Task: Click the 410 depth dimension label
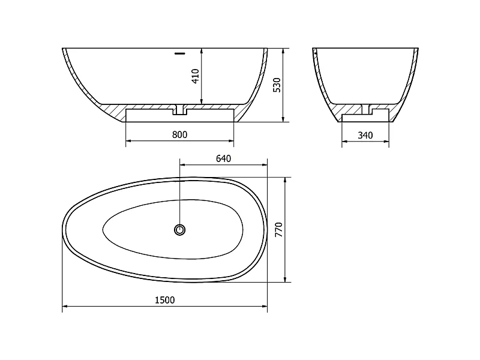coord(196,76)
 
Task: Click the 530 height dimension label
coord(277,85)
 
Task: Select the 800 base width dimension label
coord(179,134)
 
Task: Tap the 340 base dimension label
coord(365,136)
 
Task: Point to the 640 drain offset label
coord(223,158)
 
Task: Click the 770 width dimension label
coord(278,230)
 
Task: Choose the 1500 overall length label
coord(164,300)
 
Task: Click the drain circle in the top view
coord(179,230)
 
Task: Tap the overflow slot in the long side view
coord(180,54)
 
